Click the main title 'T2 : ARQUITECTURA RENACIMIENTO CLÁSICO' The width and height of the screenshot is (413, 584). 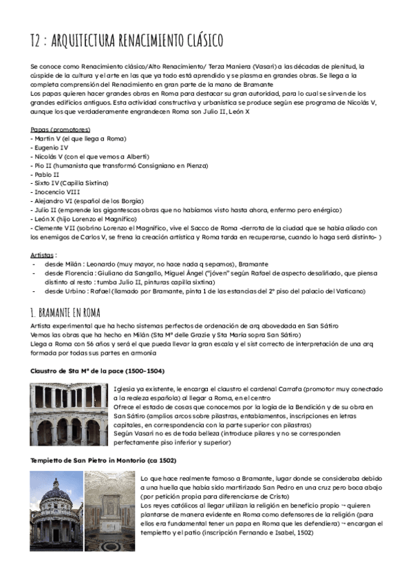[x=127, y=40]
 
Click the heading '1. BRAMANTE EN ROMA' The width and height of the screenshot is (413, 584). [x=71, y=312]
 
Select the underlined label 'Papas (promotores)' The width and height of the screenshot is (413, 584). [x=60, y=129]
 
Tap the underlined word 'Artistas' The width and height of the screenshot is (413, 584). [x=44, y=254]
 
